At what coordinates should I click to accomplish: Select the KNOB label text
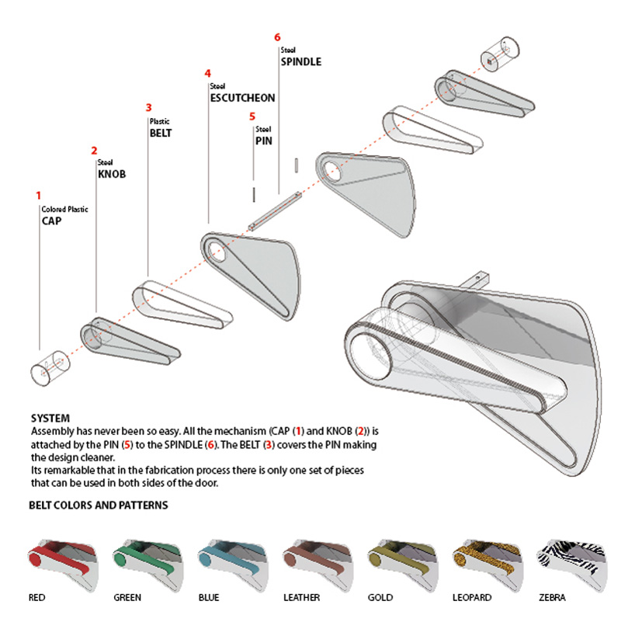[111, 175]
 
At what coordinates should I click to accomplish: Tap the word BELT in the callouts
[160, 133]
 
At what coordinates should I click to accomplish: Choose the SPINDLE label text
[300, 61]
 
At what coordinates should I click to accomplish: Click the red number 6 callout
[277, 36]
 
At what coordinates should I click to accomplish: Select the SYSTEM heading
[50, 418]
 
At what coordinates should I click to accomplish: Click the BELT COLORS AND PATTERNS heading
[99, 506]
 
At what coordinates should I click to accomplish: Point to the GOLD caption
[380, 598]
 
